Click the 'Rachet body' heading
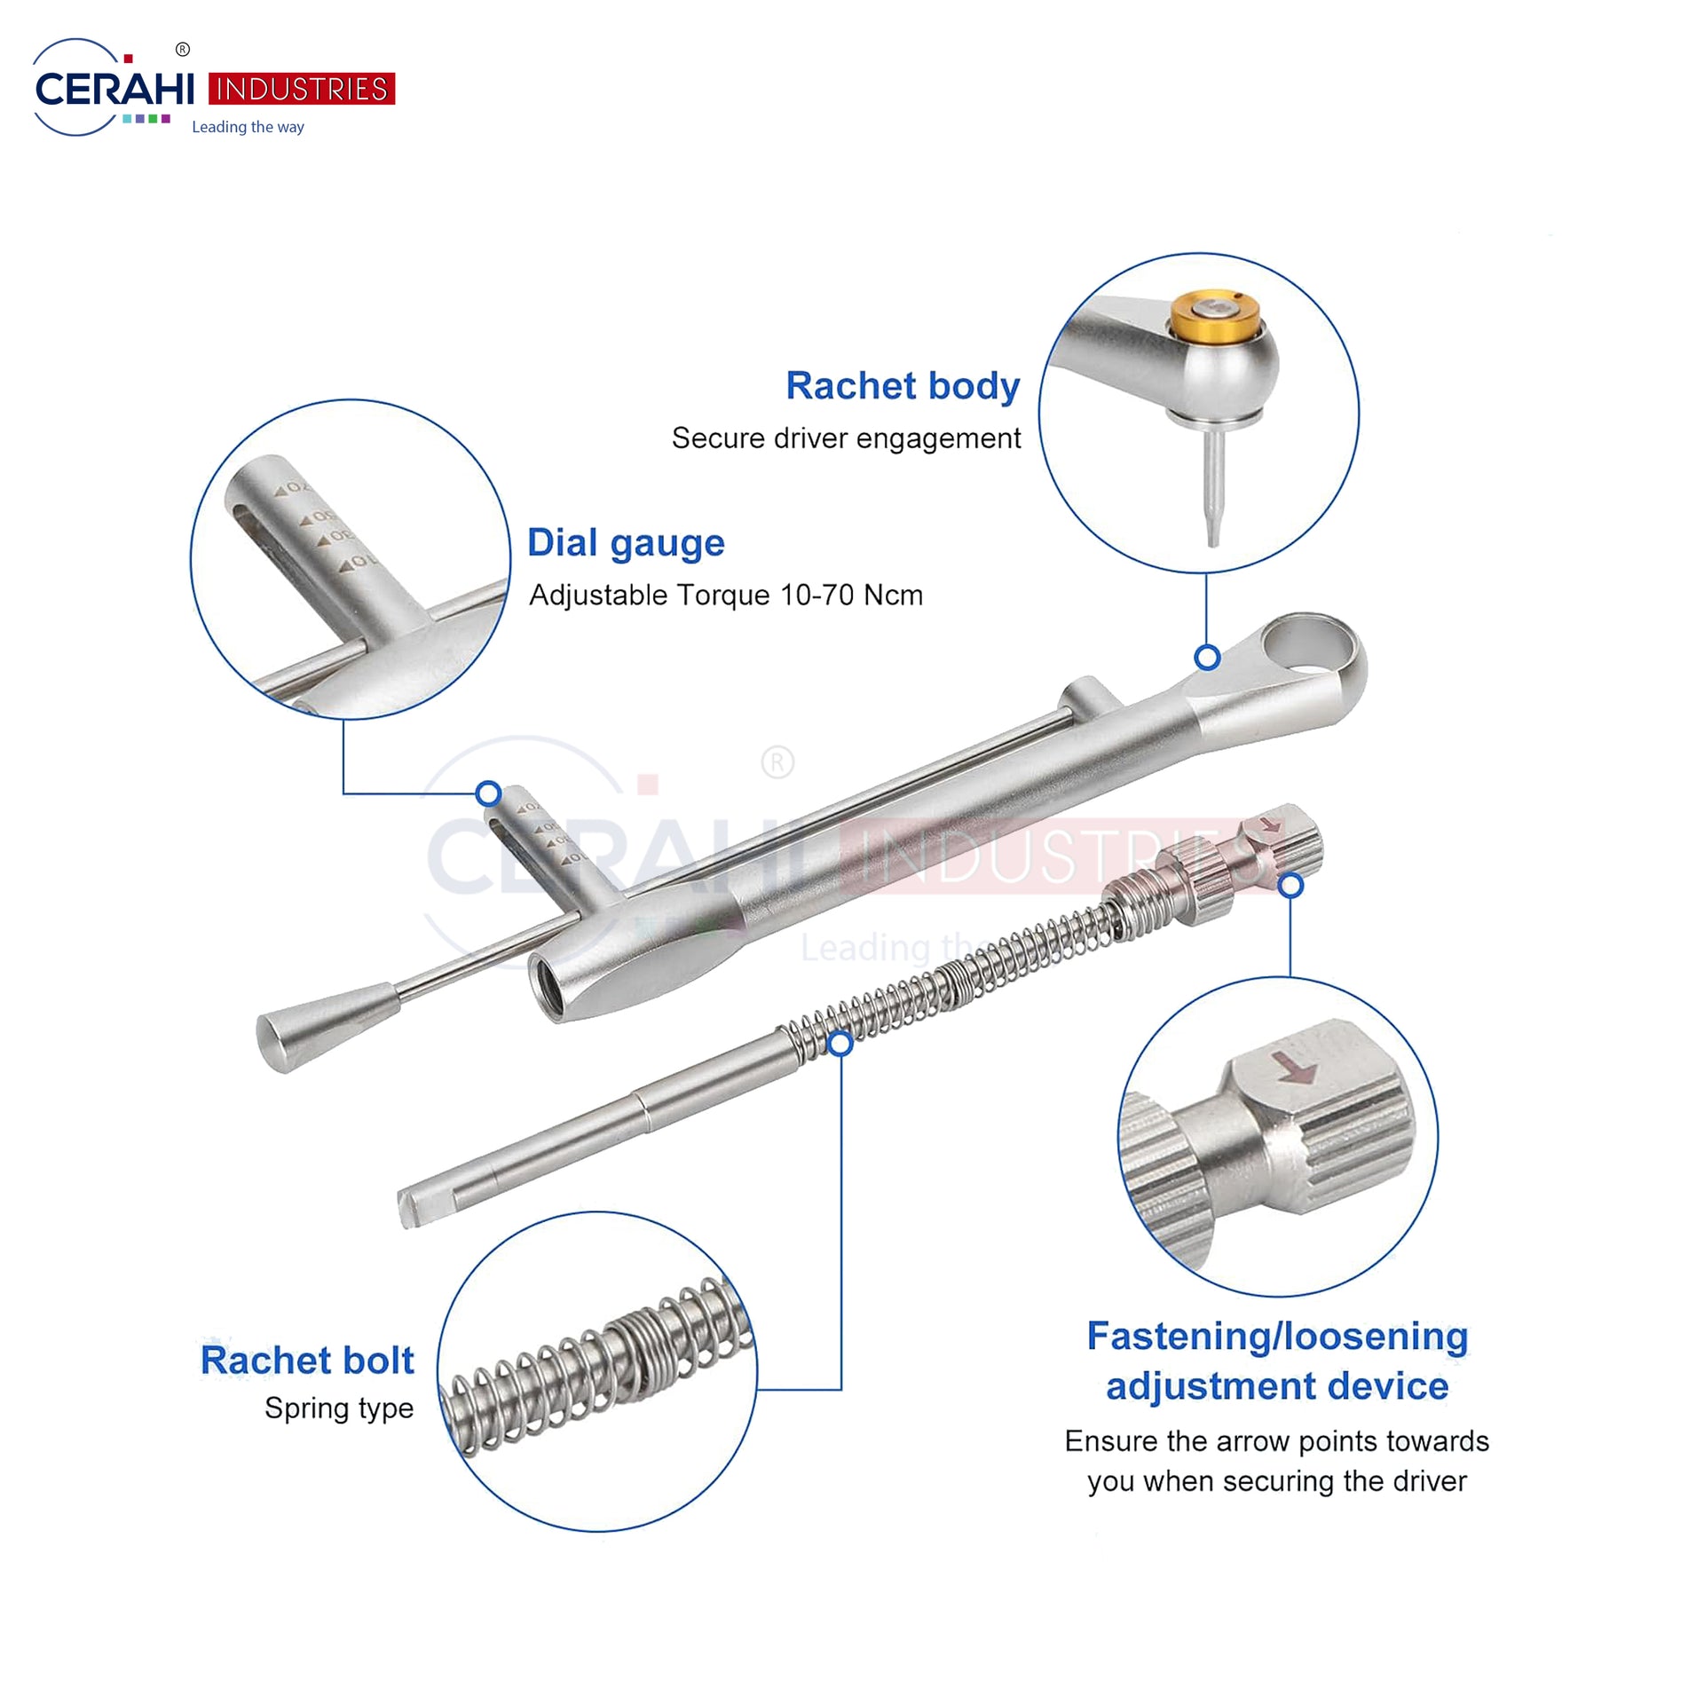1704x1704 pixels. pyautogui.click(x=903, y=386)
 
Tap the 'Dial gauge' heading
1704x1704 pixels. pyautogui.click(x=626, y=543)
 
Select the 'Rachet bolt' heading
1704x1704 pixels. pyautogui.click(x=307, y=1361)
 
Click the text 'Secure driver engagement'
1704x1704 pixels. pyautogui.click(x=846, y=438)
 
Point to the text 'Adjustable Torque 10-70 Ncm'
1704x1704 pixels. pyautogui.click(x=726, y=595)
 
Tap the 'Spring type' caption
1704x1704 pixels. pyautogui.click(x=339, y=1408)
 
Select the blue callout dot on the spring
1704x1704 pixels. pyautogui.click(x=840, y=1043)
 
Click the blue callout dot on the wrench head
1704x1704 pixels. pyautogui.click(x=1207, y=658)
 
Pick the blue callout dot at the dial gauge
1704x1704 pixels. pyautogui.click(x=488, y=793)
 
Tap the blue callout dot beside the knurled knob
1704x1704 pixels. pyautogui.click(x=1292, y=885)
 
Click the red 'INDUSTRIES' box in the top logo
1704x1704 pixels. pyautogui.click(x=302, y=90)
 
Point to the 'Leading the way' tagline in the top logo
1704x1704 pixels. pyautogui.click(x=248, y=127)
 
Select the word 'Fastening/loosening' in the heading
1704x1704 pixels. pyautogui.click(x=1278, y=1337)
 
